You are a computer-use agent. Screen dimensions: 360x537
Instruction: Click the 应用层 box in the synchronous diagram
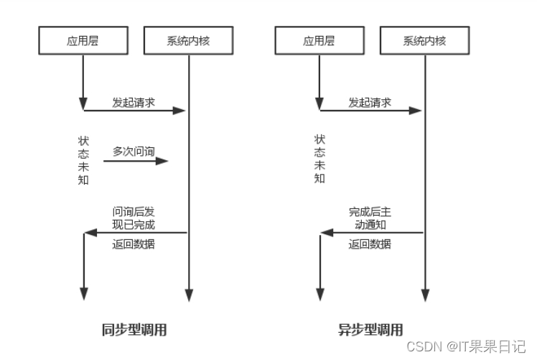click(x=83, y=41)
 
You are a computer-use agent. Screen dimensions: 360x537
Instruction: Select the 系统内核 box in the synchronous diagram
click(x=188, y=41)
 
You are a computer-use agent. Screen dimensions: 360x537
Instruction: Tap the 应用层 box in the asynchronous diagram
click(x=319, y=41)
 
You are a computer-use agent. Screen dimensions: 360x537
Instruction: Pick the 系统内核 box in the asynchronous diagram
click(x=424, y=41)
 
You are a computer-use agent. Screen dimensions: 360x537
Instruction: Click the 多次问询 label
click(x=134, y=152)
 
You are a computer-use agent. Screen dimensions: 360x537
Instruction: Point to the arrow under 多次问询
click(x=136, y=161)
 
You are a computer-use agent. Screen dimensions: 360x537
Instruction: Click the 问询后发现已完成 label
click(x=134, y=218)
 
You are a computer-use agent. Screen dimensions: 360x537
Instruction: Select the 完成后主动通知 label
click(x=370, y=218)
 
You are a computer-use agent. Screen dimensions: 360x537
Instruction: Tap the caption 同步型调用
click(x=134, y=331)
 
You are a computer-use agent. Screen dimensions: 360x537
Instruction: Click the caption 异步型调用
click(x=370, y=331)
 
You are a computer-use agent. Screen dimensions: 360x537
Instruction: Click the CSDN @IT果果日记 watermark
click(x=467, y=346)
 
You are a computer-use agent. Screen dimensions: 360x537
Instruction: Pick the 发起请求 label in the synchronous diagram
click(x=134, y=102)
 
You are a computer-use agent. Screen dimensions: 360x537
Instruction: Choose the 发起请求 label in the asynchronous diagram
click(x=370, y=102)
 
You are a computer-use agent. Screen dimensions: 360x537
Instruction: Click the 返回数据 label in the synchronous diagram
click(x=134, y=244)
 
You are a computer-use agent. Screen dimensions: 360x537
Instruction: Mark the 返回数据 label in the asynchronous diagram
click(x=370, y=244)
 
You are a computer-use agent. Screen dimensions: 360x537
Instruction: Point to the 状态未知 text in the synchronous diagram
click(x=83, y=160)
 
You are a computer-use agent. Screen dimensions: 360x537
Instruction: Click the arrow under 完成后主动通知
click(x=371, y=232)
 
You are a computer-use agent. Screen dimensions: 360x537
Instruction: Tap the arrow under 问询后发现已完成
click(x=136, y=232)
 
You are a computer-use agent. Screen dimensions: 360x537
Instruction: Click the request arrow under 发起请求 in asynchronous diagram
click(x=370, y=111)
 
